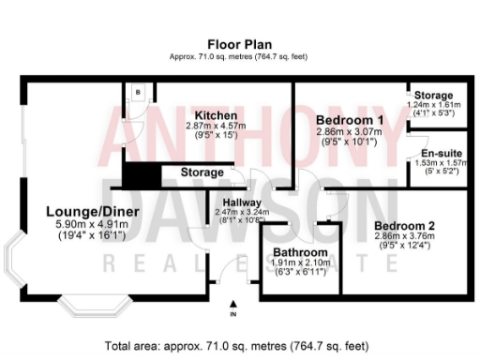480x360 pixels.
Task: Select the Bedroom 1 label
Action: click(x=350, y=121)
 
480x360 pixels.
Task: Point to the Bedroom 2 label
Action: click(x=404, y=225)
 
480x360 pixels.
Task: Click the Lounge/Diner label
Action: click(x=93, y=212)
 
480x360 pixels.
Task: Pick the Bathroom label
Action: click(x=300, y=253)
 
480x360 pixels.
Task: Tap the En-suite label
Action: click(x=440, y=153)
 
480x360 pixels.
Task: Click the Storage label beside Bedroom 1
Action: click(x=433, y=96)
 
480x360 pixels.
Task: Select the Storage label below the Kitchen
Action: click(x=202, y=173)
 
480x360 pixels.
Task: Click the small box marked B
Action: click(x=138, y=92)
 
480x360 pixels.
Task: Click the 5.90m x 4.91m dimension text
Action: click(x=93, y=225)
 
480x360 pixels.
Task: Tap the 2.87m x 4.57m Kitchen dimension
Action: click(x=216, y=125)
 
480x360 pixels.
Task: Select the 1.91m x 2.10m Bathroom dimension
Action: click(x=300, y=263)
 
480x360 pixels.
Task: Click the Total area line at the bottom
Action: click(x=240, y=345)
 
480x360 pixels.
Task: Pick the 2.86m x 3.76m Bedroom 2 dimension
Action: click(x=404, y=236)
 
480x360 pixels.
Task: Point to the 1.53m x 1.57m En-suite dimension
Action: click(x=440, y=163)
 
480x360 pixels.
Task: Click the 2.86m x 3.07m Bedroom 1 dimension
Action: click(x=350, y=133)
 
